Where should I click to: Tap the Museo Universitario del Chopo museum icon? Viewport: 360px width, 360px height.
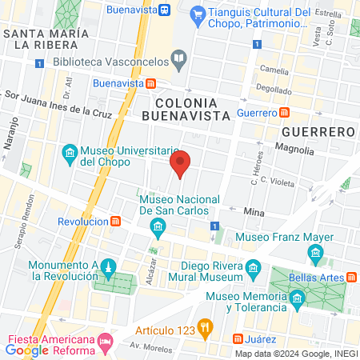(x=70, y=152)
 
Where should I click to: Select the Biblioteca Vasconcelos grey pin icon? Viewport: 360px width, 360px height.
(x=179, y=61)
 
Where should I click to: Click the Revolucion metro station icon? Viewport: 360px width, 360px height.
(x=116, y=221)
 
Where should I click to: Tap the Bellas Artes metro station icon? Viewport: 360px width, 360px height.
(x=352, y=277)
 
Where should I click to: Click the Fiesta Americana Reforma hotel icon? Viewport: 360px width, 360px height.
(x=105, y=343)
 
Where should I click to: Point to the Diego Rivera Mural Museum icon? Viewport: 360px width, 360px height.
(x=254, y=267)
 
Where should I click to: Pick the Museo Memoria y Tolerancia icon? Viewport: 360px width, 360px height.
(x=298, y=299)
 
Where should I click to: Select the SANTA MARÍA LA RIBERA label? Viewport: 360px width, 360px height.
(x=45, y=39)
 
